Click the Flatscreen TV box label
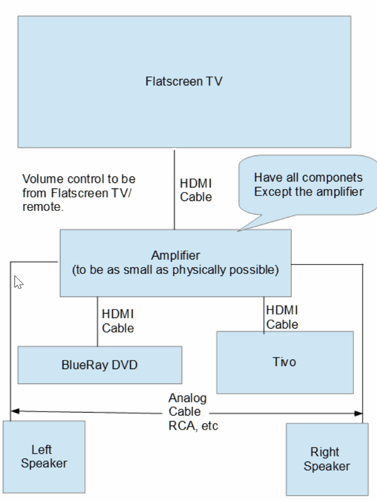click(183, 81)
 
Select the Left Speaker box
click(44, 456)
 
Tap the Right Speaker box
click(327, 459)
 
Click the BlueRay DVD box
click(99, 365)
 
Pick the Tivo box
click(284, 361)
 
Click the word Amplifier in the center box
click(175, 255)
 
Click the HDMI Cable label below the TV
click(196, 190)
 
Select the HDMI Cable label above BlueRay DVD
click(118, 321)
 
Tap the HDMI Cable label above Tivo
click(282, 317)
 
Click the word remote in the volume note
click(43, 207)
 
